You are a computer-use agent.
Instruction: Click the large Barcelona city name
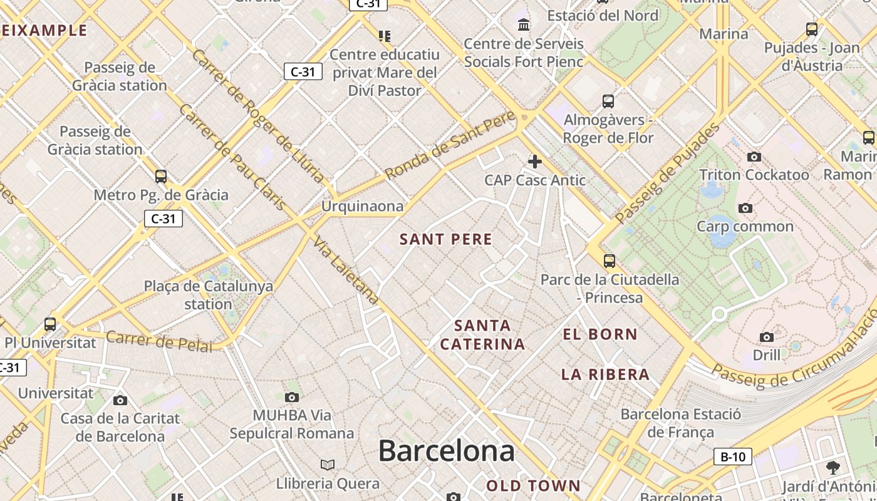point(446,451)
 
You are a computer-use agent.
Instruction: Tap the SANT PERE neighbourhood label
point(446,239)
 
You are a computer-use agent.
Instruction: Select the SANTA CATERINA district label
point(482,335)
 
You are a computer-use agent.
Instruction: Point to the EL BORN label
point(600,334)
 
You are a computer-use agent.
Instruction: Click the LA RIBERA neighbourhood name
point(605,374)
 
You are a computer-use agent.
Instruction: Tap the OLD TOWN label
point(534,485)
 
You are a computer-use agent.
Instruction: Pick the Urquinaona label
point(362,206)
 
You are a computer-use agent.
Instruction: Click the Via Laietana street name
point(346,271)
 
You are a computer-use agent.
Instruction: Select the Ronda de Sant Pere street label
point(450,145)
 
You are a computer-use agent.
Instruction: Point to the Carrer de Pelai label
point(159,341)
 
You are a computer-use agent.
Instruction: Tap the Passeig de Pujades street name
point(668,173)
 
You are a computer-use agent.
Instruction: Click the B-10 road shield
point(733,457)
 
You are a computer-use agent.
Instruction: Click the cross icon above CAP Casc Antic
point(534,162)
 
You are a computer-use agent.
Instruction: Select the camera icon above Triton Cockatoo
point(754,157)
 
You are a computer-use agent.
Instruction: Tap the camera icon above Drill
point(766,338)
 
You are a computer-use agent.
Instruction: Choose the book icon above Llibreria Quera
point(328,465)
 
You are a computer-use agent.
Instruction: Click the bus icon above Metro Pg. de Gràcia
point(161,177)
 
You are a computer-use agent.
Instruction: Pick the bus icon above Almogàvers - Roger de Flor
point(608,101)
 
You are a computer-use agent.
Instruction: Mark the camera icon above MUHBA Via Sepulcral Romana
point(291,397)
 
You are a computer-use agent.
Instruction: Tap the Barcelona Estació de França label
point(680,423)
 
